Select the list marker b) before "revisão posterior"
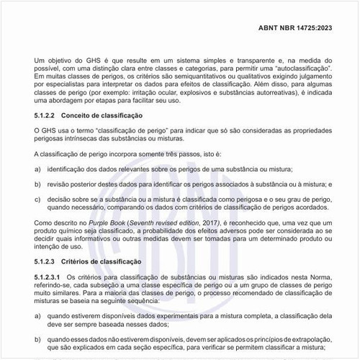(x=37, y=184)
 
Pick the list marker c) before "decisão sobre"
(x=37, y=200)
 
